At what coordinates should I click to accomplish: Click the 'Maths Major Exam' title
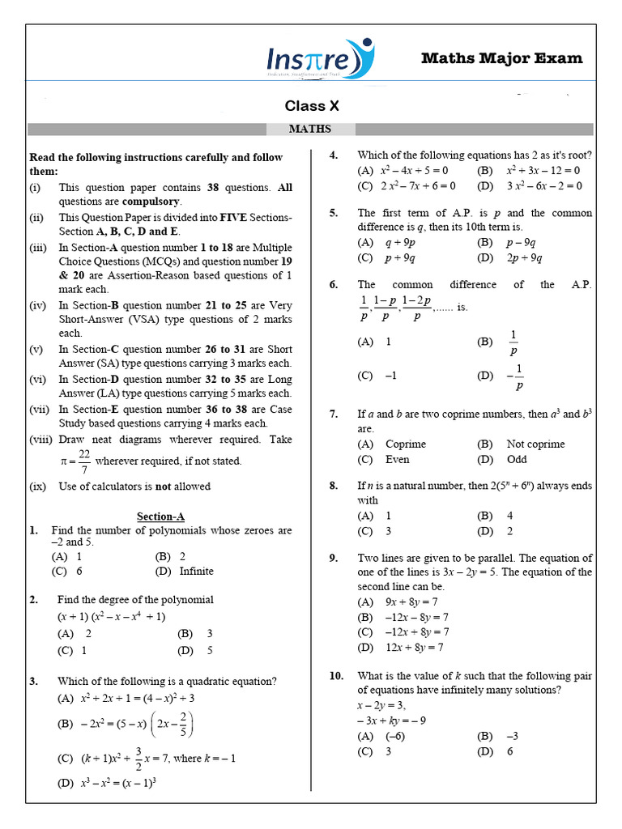pos(501,57)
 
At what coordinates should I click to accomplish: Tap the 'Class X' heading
pos(311,106)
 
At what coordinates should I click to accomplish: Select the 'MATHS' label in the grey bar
pos(310,129)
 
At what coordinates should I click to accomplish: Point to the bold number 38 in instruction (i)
pos(213,187)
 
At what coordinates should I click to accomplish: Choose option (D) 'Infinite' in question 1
pos(196,571)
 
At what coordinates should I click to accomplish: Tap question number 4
pos(333,155)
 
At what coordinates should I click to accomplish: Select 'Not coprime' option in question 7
pos(535,444)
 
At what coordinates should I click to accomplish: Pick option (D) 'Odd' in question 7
pos(516,459)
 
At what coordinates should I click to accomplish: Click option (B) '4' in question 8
pos(509,516)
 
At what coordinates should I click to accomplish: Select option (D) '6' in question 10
pos(509,751)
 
